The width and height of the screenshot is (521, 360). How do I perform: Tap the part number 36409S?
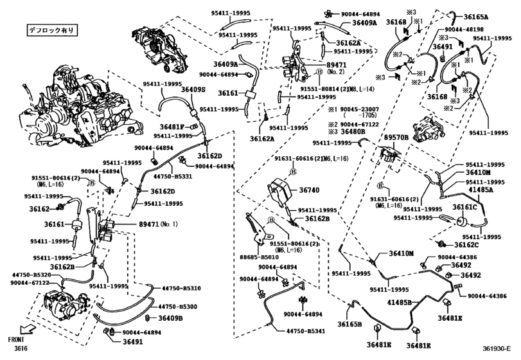pos(193,90)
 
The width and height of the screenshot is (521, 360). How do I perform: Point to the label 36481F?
pos(172,126)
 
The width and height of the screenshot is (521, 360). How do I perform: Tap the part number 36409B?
pos(171,318)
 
